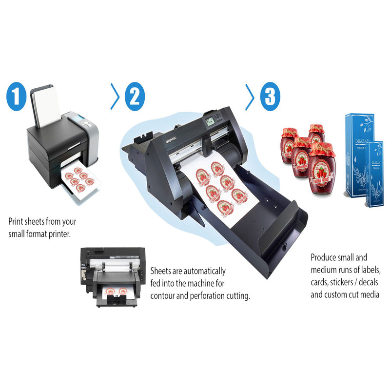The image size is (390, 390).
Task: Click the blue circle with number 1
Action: (x=16, y=96)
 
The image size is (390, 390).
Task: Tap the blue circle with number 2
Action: (x=135, y=96)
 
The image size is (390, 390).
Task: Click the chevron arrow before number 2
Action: (x=115, y=96)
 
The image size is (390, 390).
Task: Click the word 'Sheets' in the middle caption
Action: (x=162, y=271)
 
